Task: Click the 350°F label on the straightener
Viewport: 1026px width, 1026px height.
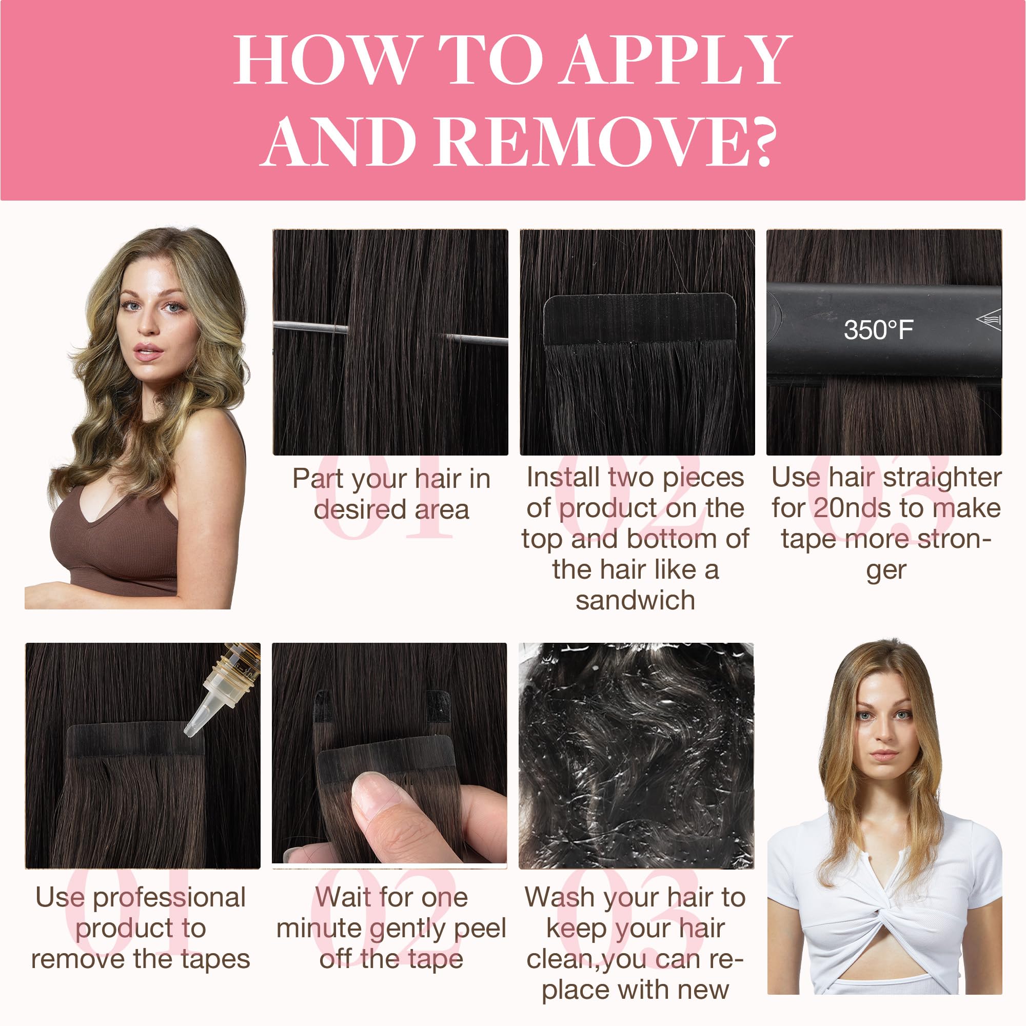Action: (878, 329)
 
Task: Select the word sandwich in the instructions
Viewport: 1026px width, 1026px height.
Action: (635, 601)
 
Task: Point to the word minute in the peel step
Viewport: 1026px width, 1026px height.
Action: (319, 930)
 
